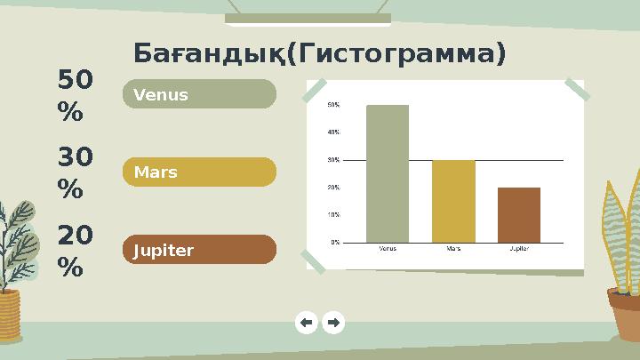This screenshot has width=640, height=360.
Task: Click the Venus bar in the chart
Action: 388,173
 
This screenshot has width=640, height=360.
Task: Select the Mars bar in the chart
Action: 453,201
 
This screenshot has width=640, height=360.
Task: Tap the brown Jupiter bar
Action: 519,214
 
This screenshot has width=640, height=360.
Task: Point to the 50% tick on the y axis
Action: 333,105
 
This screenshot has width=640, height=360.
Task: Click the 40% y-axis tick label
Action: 333,132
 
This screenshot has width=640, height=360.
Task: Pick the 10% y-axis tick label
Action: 333,214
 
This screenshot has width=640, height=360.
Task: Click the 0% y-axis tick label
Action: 335,242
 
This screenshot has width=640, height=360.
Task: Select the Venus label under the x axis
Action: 388,249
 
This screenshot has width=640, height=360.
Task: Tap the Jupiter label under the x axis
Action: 519,249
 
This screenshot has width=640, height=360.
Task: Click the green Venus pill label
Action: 199,94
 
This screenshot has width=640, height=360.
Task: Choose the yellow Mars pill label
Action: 199,172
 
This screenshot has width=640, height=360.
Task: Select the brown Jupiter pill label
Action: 199,250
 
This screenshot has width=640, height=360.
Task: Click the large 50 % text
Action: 74,97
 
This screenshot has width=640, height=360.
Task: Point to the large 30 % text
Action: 74,174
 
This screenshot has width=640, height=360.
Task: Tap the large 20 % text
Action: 74,252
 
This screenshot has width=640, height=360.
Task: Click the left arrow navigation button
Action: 306,323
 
